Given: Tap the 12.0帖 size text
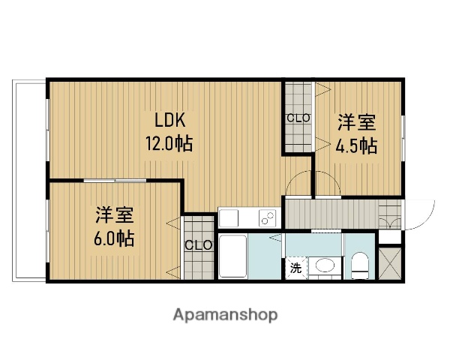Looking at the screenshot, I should [x=169, y=143].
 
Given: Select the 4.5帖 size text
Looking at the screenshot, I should [x=356, y=145].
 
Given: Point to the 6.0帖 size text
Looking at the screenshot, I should [x=115, y=239].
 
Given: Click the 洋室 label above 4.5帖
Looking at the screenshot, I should [x=355, y=122].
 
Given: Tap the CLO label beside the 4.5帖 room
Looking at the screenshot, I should [x=298, y=118].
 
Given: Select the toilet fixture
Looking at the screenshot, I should [x=361, y=264].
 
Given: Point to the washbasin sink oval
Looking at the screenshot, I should [x=324, y=265].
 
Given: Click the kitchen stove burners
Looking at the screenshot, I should [x=267, y=217].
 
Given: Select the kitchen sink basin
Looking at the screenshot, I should [x=229, y=217].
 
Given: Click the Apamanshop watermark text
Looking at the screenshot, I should [x=225, y=314].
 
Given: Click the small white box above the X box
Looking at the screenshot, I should [x=389, y=236].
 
